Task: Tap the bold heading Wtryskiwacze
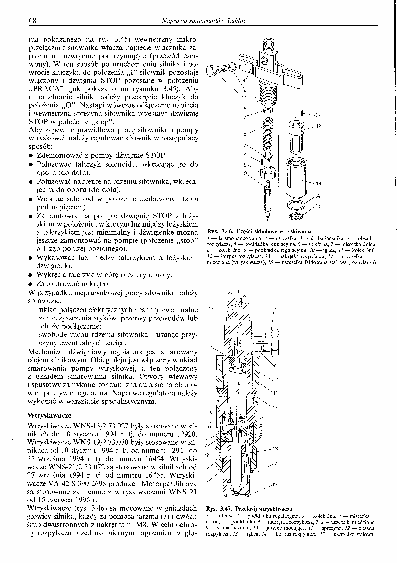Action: click(x=49, y=415)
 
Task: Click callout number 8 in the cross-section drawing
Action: click(x=276, y=311)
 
